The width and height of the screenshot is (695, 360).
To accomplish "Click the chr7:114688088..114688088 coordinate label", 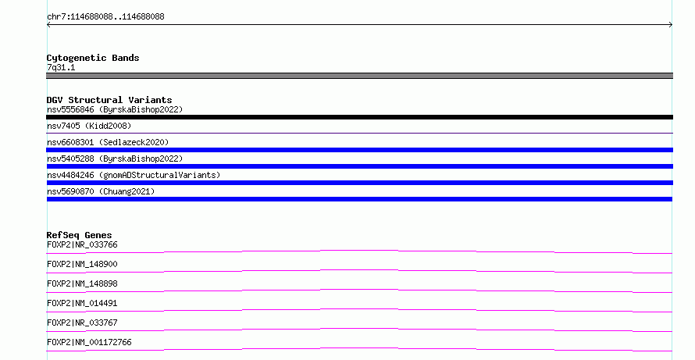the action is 105,17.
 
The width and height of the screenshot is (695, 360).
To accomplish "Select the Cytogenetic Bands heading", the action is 93,58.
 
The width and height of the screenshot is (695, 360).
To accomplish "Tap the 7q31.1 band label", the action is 61,67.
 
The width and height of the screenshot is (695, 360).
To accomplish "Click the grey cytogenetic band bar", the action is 359,76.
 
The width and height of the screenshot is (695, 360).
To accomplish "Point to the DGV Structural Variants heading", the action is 109,100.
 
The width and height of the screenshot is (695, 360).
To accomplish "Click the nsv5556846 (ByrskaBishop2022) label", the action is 115,109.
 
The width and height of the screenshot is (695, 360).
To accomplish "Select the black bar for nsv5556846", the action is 359,117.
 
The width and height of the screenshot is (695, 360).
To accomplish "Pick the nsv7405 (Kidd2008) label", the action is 89,126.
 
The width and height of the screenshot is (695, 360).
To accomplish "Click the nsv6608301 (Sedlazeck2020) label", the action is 108,142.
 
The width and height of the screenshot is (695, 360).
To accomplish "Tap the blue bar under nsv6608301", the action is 359,150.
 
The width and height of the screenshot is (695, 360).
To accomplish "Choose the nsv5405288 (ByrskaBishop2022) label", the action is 115,159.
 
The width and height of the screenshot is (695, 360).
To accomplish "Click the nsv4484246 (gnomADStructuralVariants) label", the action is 134,175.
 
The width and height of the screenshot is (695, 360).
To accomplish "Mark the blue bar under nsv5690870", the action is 359,199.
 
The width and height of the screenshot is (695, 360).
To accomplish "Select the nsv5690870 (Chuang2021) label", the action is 101,191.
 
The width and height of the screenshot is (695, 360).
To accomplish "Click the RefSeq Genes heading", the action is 79,235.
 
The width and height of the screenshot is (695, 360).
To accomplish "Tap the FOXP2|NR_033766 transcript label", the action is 82,244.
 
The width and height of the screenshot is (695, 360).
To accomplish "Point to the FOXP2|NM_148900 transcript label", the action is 82,264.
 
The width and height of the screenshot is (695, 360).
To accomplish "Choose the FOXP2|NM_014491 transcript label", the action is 82,303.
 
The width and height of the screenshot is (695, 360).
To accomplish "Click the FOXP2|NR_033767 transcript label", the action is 82,323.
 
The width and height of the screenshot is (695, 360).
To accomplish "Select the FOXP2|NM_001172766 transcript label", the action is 89,342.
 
